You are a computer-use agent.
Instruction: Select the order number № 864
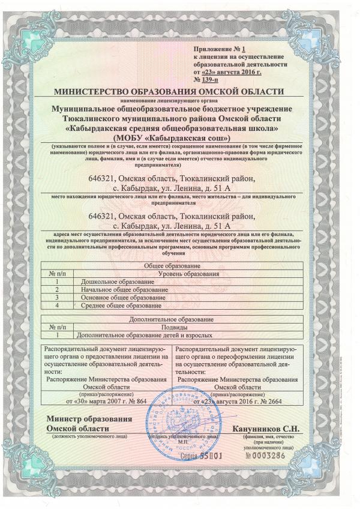point(147,400)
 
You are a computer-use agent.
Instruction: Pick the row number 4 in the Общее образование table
point(57,306)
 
